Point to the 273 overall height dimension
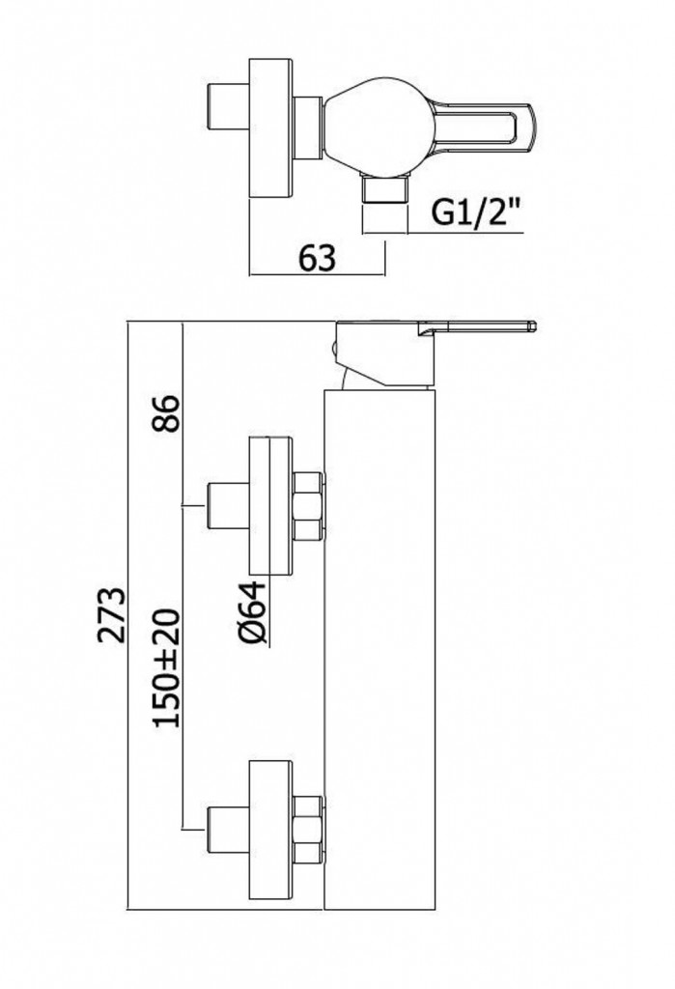point(114,614)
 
